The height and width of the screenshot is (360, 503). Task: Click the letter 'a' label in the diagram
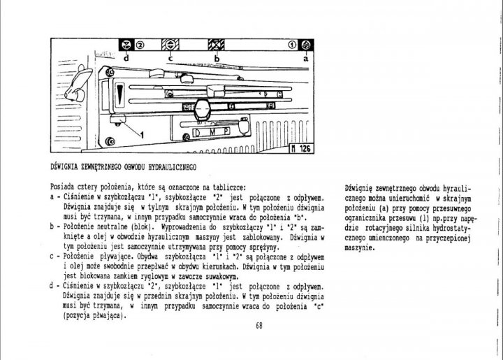305,59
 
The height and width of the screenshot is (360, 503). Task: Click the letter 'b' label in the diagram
217,59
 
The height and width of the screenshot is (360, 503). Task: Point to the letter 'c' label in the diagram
170,59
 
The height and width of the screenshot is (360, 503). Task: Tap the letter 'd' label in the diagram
126,59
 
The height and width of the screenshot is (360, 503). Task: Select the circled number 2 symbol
140,45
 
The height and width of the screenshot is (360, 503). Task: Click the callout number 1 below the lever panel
141,133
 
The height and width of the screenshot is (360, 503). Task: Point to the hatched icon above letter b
217,45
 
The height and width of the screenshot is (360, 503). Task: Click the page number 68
259,325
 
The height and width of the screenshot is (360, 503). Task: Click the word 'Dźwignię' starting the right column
362,188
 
